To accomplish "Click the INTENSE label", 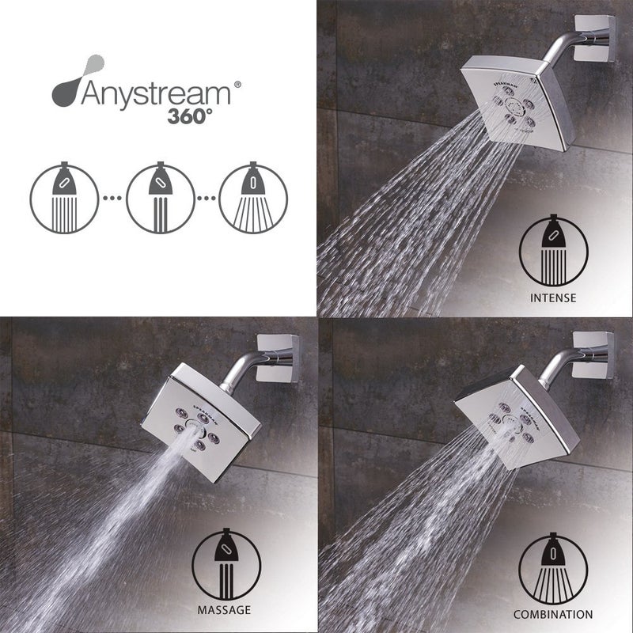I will coord(555,298).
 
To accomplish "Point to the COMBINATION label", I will coord(553,613).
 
